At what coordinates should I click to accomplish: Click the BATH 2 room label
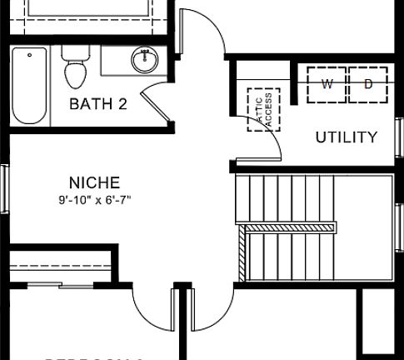pyautogui.click(x=97, y=104)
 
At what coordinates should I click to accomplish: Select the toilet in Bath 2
pyautogui.click(x=75, y=68)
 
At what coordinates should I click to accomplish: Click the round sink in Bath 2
pyautogui.click(x=146, y=60)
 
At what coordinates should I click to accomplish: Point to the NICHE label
pyautogui.click(x=94, y=182)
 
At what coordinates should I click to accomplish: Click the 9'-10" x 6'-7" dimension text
pyautogui.click(x=94, y=199)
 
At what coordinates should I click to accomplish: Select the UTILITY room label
pyautogui.click(x=346, y=137)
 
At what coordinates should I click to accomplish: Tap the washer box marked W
pyautogui.click(x=327, y=84)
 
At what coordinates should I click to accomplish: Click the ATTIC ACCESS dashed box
pyautogui.click(x=264, y=108)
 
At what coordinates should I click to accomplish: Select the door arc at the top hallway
pyautogui.click(x=202, y=33)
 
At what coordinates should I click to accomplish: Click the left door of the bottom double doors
pyautogui.click(x=154, y=308)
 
